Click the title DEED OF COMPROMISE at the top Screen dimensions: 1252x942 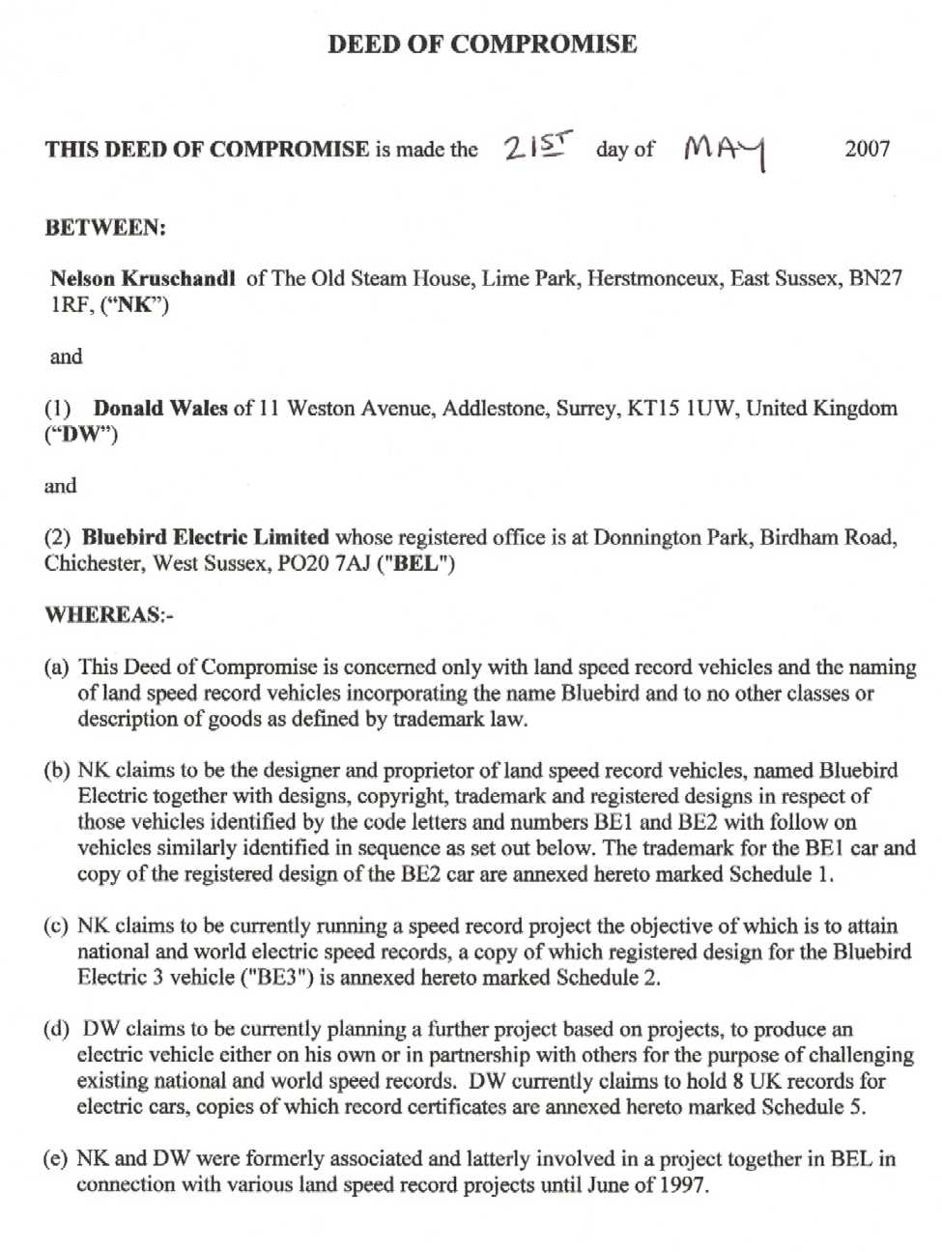pyautogui.click(x=481, y=43)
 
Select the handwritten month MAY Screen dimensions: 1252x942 pyautogui.click(x=724, y=150)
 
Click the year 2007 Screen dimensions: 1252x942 pyautogui.click(x=867, y=149)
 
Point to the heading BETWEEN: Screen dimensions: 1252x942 pyautogui.click(x=104, y=228)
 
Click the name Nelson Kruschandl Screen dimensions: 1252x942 pyautogui.click(x=142, y=279)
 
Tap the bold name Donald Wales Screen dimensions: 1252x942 pyautogui.click(x=160, y=408)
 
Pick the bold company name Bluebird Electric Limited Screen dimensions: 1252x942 pyautogui.click(x=205, y=537)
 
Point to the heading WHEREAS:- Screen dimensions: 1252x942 pyautogui.click(x=108, y=615)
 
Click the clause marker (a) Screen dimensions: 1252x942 pyautogui.click(x=56, y=668)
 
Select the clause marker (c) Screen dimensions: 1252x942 pyautogui.click(x=56, y=925)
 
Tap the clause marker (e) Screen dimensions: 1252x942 pyautogui.click(x=56, y=1158)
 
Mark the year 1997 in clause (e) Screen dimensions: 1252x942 pyautogui.click(x=683, y=1184)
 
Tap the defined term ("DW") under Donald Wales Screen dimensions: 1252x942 pyautogui.click(x=81, y=434)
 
